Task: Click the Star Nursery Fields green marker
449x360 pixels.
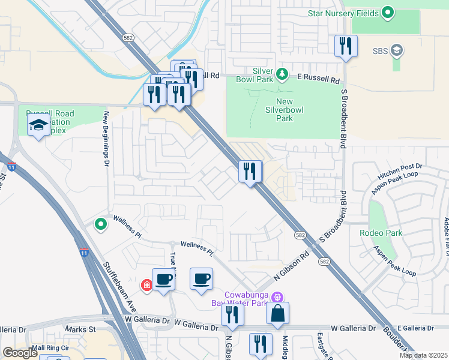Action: coord(388,12)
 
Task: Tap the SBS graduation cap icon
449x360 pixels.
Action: coord(396,50)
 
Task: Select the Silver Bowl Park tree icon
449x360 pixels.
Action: coord(282,74)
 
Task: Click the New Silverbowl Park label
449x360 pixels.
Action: coord(279,110)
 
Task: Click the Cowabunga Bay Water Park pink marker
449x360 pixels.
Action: coord(277,296)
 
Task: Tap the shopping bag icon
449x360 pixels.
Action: coord(277,313)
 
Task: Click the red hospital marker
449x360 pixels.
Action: coord(146,285)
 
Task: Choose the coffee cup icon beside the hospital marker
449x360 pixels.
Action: coord(163,279)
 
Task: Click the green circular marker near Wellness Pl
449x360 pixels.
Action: coord(101,224)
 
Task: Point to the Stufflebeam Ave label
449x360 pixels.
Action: coord(118,287)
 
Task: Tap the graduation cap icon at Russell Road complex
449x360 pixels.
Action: coord(38,125)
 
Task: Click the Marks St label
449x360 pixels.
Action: coord(80,329)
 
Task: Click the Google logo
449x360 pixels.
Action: coord(20,353)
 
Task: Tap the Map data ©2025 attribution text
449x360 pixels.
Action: coord(423,355)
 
